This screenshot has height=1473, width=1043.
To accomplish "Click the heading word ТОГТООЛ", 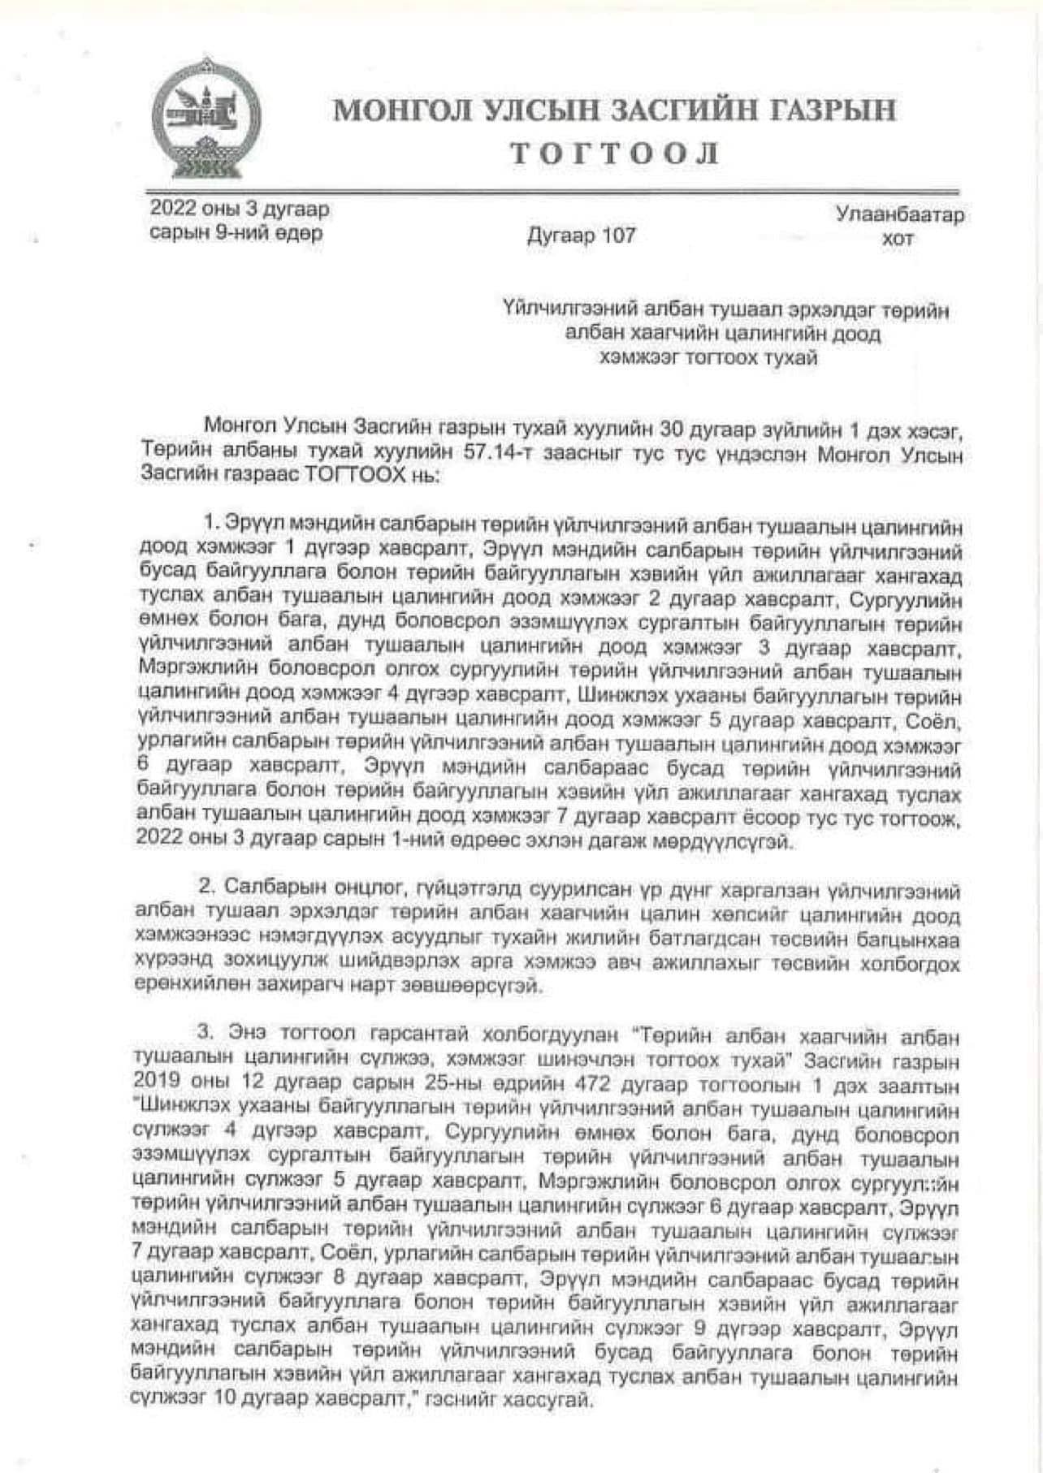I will (614, 153).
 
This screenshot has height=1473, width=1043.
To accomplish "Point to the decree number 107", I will (619, 236).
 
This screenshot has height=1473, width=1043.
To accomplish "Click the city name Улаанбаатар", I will (899, 215).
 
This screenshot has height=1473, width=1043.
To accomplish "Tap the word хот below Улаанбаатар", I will (898, 239).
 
